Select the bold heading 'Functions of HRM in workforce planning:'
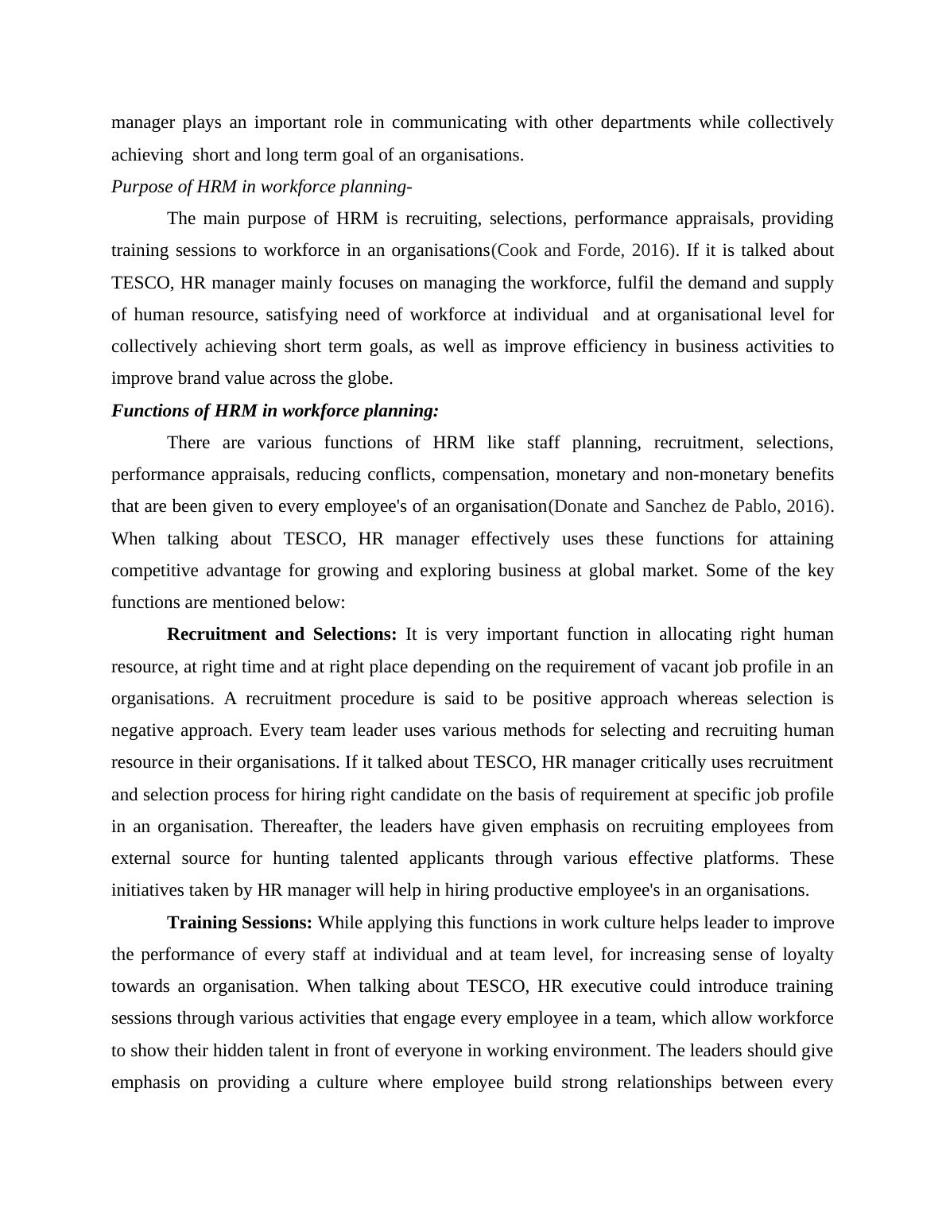tap(275, 411)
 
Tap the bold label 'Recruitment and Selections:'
tap(281, 634)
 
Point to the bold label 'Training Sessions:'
tap(239, 923)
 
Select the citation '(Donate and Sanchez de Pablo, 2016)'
tap(688, 506)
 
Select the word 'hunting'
tap(301, 858)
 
